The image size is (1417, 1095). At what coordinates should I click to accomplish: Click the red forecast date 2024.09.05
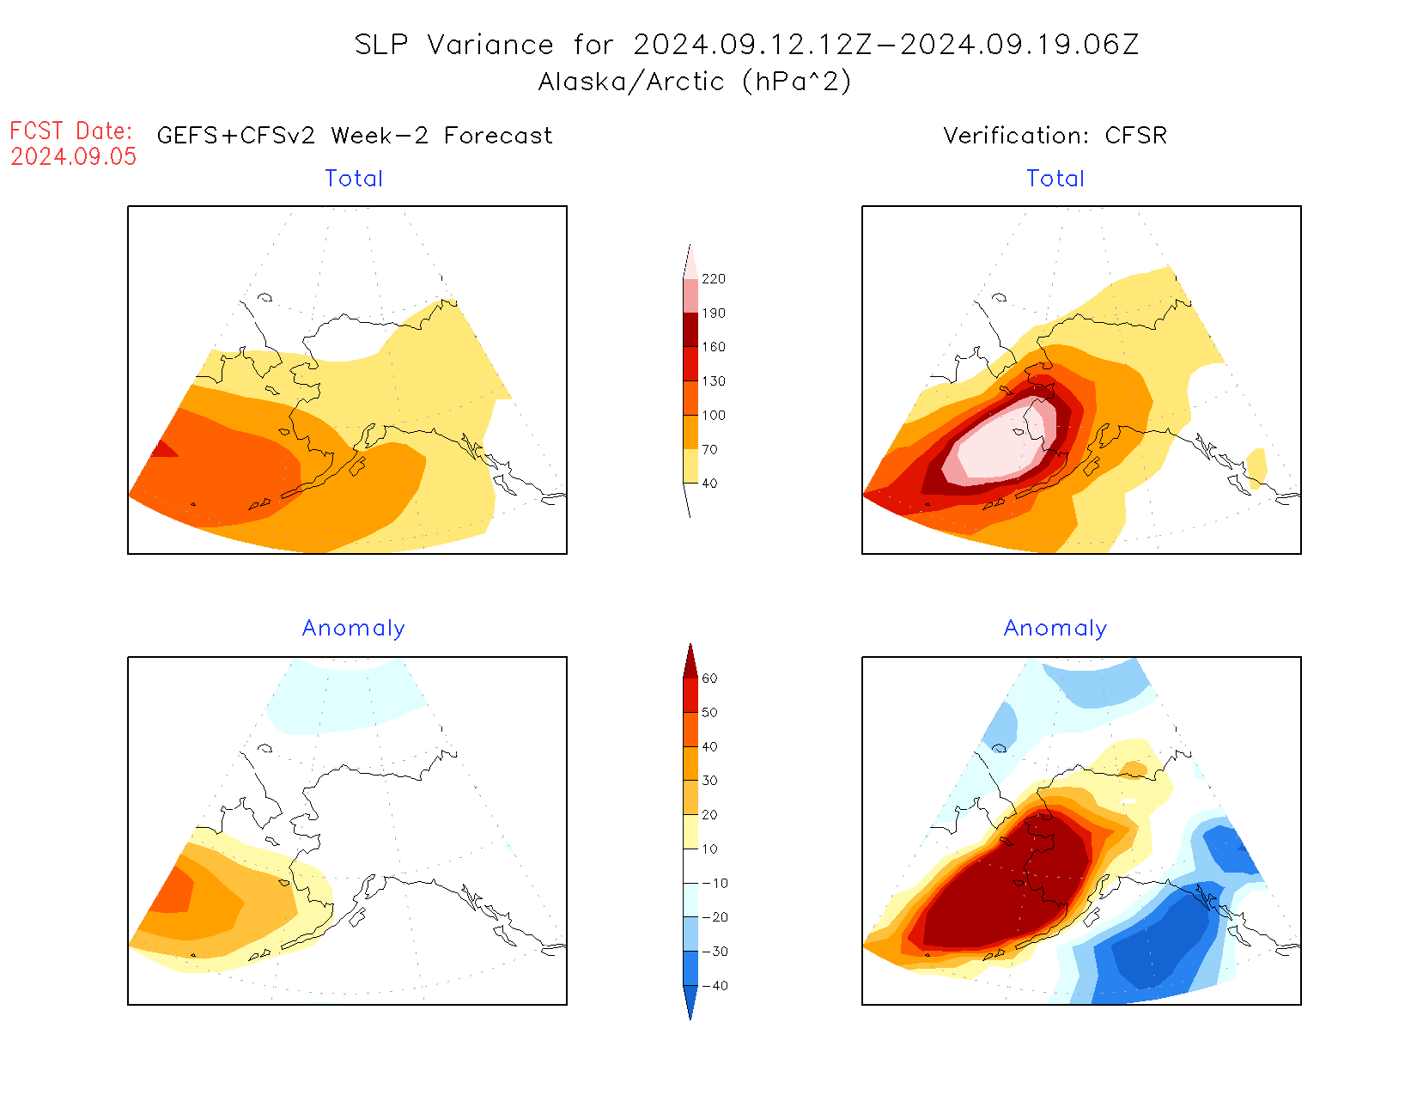click(x=74, y=156)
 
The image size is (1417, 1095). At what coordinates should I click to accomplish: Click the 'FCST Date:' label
click(x=71, y=131)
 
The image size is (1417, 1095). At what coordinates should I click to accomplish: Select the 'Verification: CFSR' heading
click(x=1055, y=136)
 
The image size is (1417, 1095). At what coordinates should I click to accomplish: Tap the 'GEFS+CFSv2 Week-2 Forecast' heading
click(x=355, y=136)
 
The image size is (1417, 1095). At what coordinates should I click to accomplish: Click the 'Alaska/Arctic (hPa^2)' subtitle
click(x=695, y=82)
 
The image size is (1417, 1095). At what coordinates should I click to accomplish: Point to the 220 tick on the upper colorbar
click(x=713, y=279)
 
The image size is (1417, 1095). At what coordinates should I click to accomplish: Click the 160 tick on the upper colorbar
click(x=713, y=347)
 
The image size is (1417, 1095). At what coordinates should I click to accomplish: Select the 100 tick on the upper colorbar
click(x=713, y=416)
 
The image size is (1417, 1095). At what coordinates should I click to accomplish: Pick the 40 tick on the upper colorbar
click(x=709, y=484)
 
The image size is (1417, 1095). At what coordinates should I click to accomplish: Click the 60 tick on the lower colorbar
click(x=709, y=678)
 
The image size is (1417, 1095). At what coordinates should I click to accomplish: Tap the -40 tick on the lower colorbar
click(x=714, y=986)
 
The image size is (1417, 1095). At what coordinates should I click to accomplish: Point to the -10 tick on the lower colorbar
click(x=714, y=884)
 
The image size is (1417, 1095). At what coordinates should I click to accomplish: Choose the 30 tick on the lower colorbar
click(x=709, y=781)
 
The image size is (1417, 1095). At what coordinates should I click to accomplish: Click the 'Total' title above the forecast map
click(x=354, y=179)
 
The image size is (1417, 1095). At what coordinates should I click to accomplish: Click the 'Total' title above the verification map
click(x=1055, y=179)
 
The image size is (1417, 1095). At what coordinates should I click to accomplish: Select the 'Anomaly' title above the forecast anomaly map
click(x=353, y=629)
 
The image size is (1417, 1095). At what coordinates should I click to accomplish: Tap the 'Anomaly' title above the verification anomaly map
click(x=1055, y=629)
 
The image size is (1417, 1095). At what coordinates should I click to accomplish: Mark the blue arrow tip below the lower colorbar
click(x=690, y=1015)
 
